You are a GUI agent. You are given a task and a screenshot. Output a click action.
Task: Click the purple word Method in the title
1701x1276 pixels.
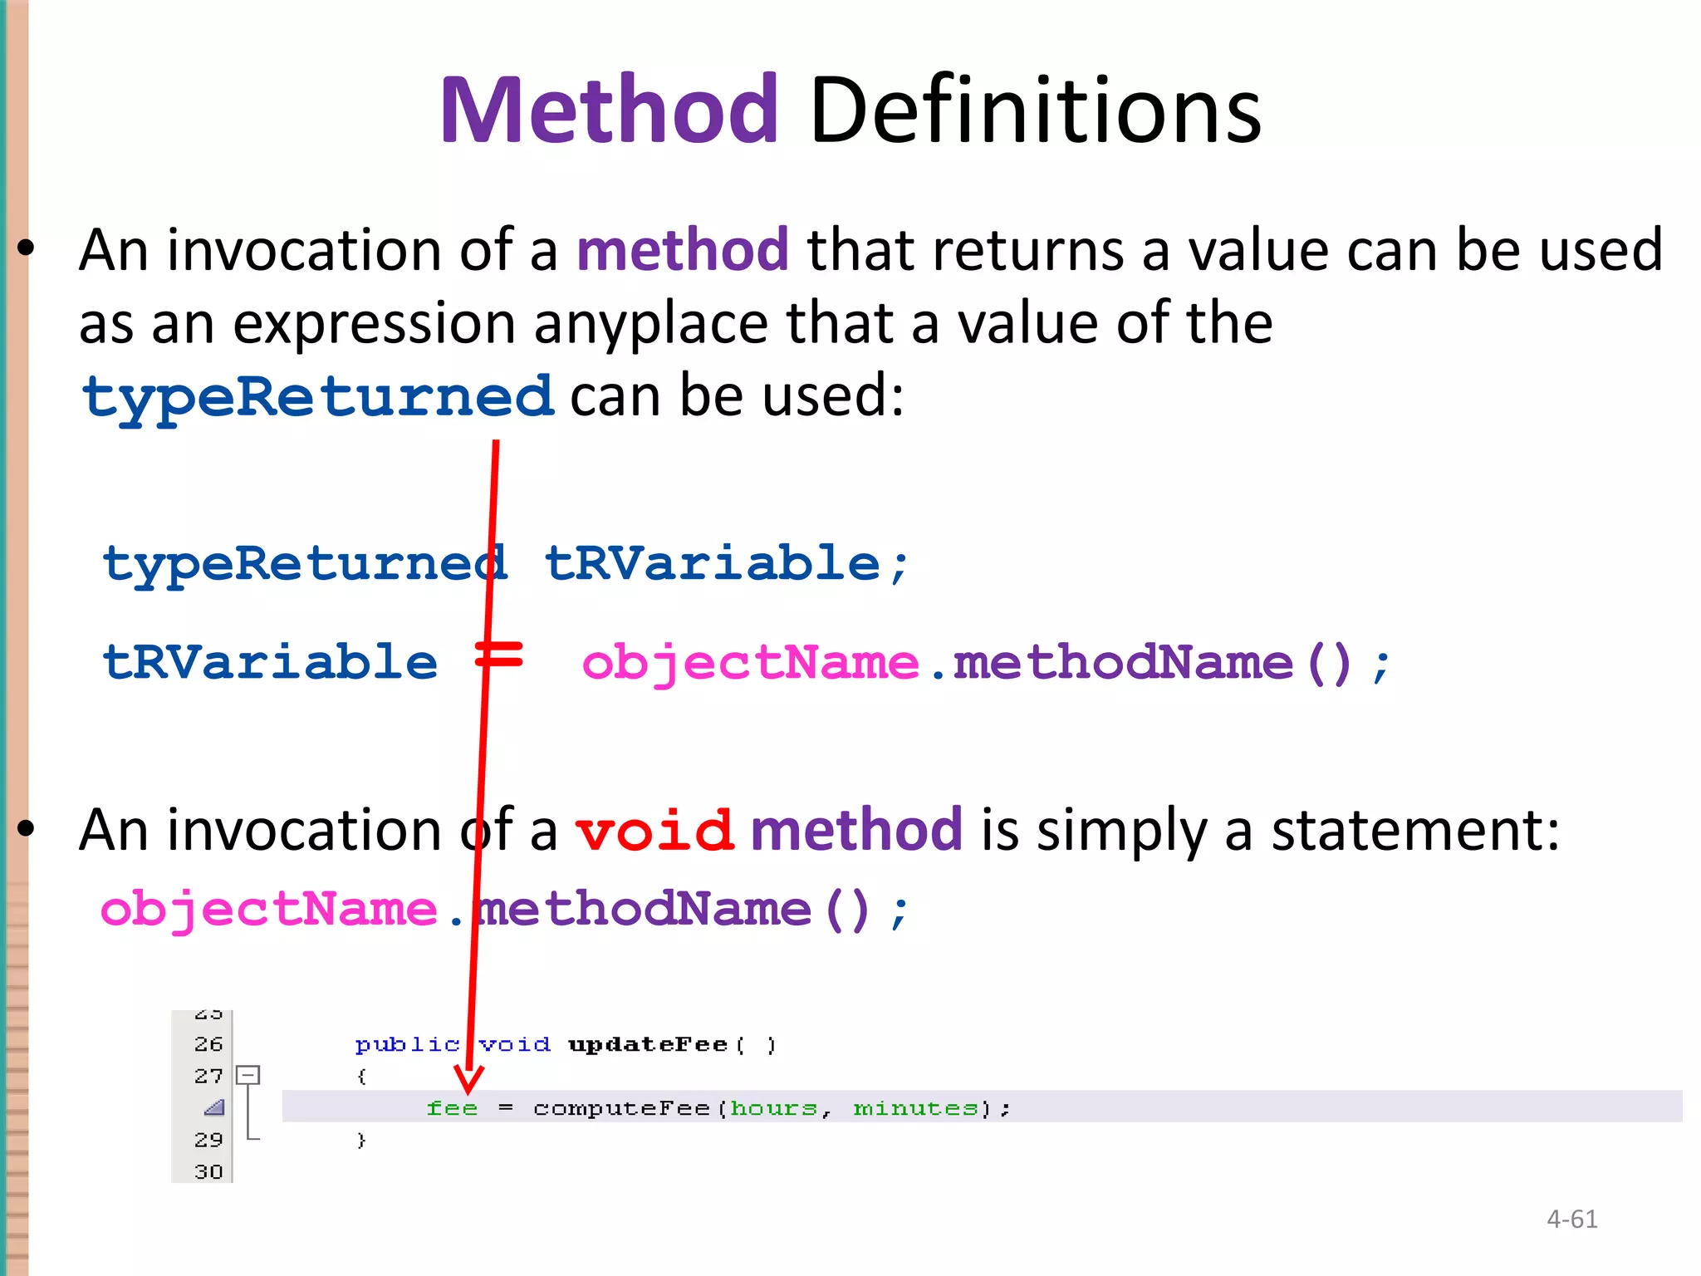[x=609, y=110]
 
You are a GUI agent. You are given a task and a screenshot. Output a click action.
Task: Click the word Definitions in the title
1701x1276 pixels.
[x=1035, y=110]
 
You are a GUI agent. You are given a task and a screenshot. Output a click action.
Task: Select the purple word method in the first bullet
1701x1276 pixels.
[x=682, y=249]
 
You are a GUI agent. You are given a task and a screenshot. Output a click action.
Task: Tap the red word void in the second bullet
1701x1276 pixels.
[x=654, y=830]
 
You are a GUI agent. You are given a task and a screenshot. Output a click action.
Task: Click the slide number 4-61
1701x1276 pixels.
[x=1571, y=1219]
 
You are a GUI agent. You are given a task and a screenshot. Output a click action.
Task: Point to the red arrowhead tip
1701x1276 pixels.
[x=468, y=1092]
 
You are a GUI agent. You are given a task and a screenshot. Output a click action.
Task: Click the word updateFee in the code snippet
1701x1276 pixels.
[x=648, y=1044]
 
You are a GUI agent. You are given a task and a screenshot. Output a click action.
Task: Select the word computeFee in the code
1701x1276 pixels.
[x=621, y=1108]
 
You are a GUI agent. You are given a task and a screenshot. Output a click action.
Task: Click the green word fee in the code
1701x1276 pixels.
[x=452, y=1108]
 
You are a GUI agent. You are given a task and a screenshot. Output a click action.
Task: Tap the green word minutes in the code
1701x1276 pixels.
[x=916, y=1108]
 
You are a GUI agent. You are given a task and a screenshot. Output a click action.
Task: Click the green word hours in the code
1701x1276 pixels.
[x=774, y=1108]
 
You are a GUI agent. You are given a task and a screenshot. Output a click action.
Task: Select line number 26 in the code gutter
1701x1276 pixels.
[x=208, y=1044]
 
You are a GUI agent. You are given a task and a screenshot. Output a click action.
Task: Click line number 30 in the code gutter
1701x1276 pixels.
[x=208, y=1172]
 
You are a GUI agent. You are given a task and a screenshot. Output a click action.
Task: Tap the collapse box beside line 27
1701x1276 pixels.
[x=248, y=1076]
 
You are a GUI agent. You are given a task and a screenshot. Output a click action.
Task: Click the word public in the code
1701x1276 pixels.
[x=407, y=1044]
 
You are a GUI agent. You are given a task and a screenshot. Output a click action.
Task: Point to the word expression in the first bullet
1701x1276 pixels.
[x=374, y=323]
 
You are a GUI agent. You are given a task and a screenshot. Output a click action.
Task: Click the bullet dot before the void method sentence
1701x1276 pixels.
[x=27, y=828]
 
